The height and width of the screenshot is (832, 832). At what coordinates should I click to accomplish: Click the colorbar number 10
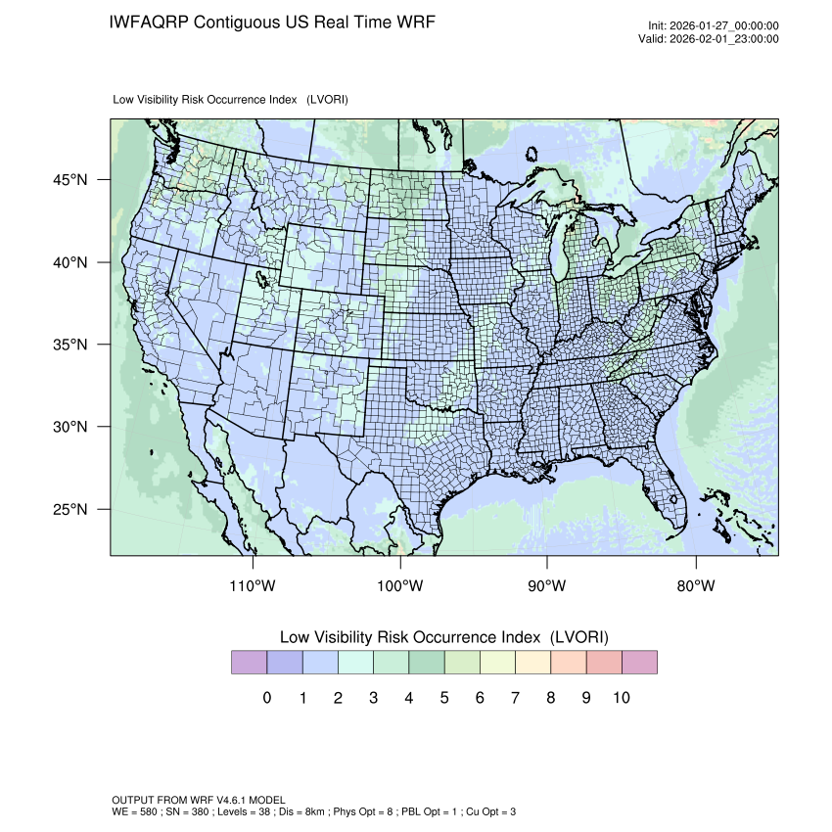tap(621, 698)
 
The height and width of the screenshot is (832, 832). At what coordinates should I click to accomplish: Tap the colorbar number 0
tap(267, 698)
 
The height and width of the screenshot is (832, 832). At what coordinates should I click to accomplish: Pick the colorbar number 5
tap(444, 698)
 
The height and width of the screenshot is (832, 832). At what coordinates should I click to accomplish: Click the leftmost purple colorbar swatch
tap(250, 663)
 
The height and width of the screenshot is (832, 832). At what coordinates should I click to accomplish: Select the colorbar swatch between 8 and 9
tap(569, 663)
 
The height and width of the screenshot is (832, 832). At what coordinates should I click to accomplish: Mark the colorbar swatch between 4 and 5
tap(427, 663)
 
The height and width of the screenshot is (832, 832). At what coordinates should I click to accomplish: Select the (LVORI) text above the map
tap(327, 100)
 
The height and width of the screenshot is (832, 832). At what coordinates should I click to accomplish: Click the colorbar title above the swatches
tap(443, 637)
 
